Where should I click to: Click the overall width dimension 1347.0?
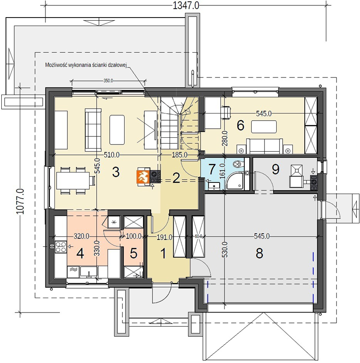point(186,5)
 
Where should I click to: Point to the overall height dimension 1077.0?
point(20,201)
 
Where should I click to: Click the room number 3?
point(116,172)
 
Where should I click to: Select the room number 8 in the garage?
point(259,253)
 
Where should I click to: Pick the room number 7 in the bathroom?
point(212,169)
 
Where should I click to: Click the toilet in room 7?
point(238,163)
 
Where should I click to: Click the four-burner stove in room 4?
point(61,247)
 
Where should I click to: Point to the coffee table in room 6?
point(264,127)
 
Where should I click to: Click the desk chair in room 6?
point(226,112)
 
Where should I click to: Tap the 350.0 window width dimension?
point(108,81)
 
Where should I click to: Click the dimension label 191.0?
point(164,237)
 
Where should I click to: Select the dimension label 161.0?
point(222,171)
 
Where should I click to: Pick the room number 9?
point(275,169)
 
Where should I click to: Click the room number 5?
point(134,253)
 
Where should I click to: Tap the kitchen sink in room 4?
point(89,272)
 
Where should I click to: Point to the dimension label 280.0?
point(225,138)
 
